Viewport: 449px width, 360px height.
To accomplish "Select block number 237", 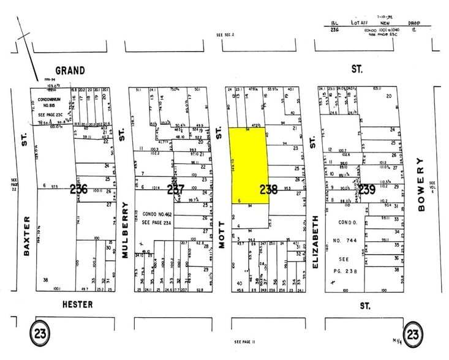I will coord(175,190).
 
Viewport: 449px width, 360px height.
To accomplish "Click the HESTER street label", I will coord(77,304).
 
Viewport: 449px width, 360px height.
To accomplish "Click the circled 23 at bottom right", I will coord(413,335).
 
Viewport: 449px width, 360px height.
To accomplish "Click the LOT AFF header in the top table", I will coord(360,21).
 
